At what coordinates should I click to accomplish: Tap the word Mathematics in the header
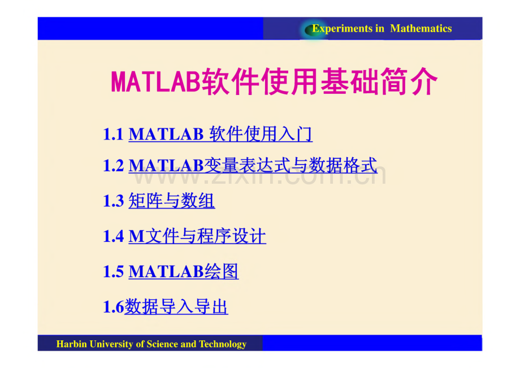tap(421, 29)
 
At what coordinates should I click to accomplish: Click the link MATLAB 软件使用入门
tap(220, 135)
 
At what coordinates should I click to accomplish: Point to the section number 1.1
tap(113, 135)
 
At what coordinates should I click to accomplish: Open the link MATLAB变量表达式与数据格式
tap(253, 166)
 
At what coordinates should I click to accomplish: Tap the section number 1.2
tap(113, 166)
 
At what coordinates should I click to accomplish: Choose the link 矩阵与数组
tap(172, 201)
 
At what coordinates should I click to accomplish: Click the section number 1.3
tap(113, 201)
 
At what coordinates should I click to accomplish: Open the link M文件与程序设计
tap(197, 236)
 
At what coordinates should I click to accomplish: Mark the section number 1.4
tap(113, 236)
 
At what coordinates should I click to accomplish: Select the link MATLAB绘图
tap(184, 272)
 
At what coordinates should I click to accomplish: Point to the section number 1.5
tap(113, 272)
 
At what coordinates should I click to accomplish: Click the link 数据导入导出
tap(176, 307)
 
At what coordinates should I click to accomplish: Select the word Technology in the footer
tap(223, 344)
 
